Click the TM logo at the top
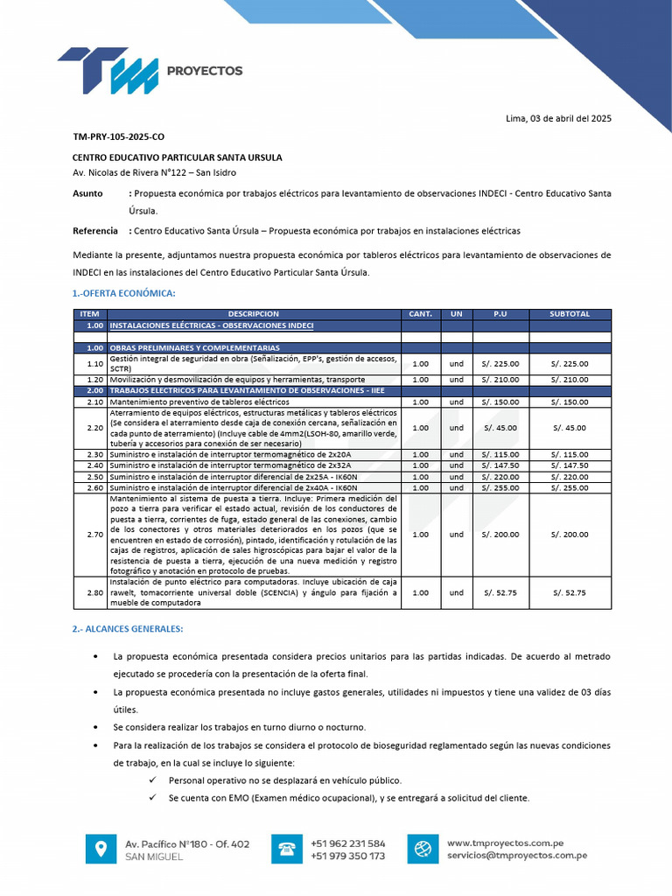[x=109, y=70]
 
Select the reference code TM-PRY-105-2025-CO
[x=118, y=137]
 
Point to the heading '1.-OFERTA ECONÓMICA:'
[x=124, y=293]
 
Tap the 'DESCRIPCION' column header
[x=254, y=313]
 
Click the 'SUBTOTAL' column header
[x=570, y=313]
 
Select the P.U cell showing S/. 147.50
[x=500, y=465]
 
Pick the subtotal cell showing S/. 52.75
[x=570, y=592]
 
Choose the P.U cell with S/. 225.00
[x=500, y=363]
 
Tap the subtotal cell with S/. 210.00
[x=570, y=380]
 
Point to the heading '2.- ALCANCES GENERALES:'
[x=128, y=628]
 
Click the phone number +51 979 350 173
[x=347, y=856]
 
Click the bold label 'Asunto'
[x=87, y=192]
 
